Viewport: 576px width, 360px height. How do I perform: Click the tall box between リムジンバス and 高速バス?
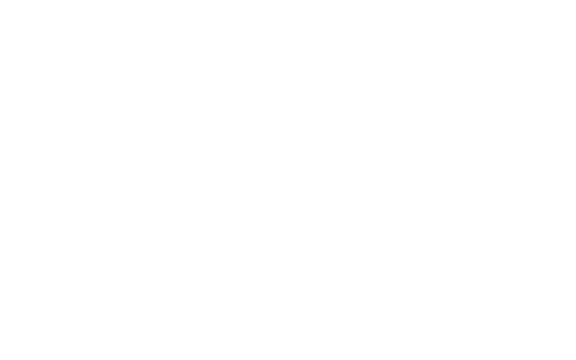[227, 82]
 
